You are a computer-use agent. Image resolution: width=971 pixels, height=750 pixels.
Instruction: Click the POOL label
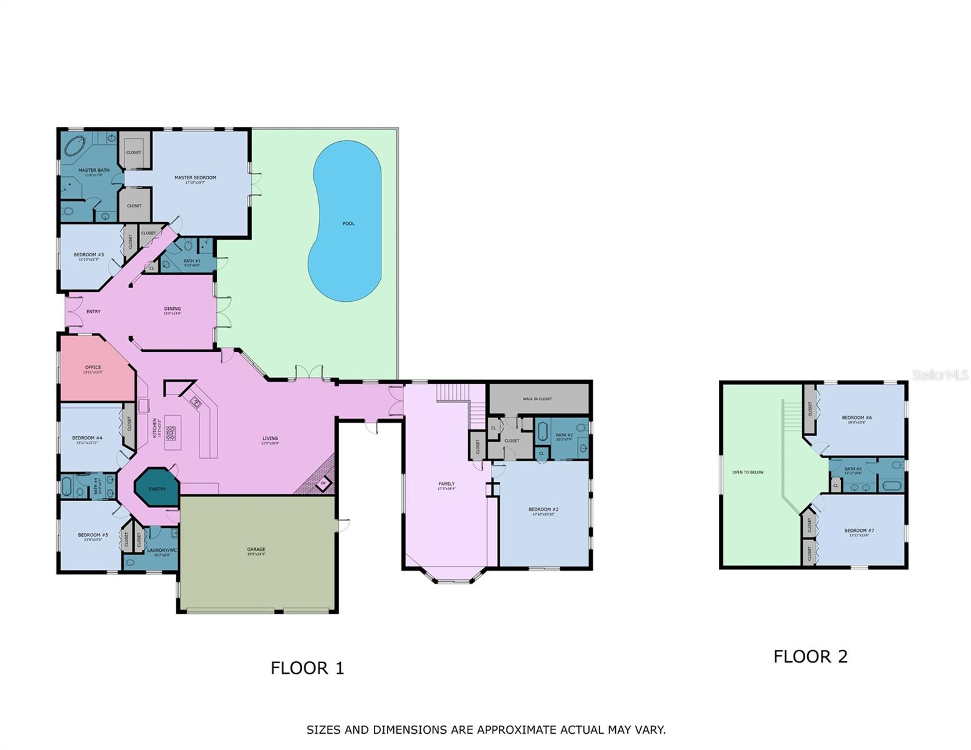[348, 224]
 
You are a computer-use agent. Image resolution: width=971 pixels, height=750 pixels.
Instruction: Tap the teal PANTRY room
[157, 488]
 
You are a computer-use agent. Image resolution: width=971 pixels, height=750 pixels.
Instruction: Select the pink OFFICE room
[93, 369]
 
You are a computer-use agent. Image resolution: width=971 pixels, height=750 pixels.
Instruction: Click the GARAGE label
[256, 550]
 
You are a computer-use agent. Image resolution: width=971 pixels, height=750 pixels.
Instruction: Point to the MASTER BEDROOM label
[195, 178]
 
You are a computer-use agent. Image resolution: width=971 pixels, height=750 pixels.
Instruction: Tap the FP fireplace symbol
[323, 483]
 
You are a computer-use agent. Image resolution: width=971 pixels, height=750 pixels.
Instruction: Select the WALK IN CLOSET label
[537, 399]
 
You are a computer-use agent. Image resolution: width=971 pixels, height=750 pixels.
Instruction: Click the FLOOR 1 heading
[307, 668]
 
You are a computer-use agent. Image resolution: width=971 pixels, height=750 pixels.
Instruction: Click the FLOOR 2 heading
[810, 657]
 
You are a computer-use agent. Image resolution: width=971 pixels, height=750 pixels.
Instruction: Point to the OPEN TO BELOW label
[748, 472]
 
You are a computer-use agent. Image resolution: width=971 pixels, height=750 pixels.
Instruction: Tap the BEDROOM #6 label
[857, 417]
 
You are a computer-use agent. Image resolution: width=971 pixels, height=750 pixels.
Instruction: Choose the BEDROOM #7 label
[859, 531]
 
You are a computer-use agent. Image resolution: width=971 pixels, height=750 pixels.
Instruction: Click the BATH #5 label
[853, 469]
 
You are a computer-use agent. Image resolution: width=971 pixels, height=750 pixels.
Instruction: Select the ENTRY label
[93, 312]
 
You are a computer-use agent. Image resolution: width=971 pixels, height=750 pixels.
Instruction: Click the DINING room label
[172, 309]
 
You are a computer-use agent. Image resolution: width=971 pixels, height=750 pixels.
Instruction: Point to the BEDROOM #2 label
[543, 509]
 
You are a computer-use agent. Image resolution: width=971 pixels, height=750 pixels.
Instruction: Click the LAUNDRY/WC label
[161, 550]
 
